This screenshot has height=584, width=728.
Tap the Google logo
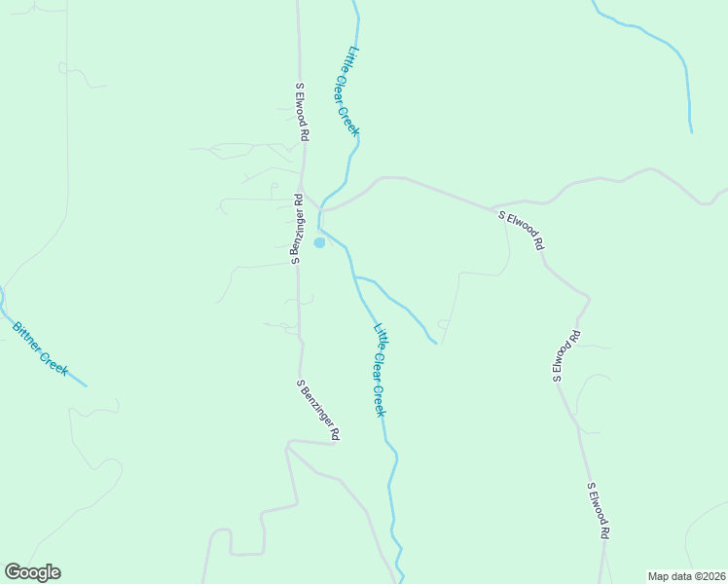pos(32,572)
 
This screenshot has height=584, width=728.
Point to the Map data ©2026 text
pos(686,575)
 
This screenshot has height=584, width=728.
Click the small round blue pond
pos(319,242)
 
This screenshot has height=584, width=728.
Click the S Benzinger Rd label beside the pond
pos(296,230)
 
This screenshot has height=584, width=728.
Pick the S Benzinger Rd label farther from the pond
pos(319,408)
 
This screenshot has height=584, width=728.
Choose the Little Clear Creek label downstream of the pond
pos(381,371)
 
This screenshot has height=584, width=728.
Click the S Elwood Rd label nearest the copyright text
pos(599,511)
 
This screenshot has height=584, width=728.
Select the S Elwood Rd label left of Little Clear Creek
pos(303,113)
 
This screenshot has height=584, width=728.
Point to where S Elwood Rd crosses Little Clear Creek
pos(320,209)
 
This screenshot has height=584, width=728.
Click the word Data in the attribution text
pos(677,575)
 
